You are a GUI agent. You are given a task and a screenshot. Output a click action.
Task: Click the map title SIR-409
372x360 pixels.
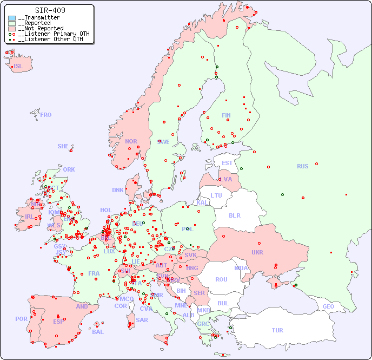coord(50,10)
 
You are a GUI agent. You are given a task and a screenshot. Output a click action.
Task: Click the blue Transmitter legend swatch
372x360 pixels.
coord(12,18)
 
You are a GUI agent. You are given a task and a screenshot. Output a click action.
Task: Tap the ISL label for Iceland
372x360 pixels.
coord(18,67)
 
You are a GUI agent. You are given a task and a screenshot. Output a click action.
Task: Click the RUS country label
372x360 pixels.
coord(302,166)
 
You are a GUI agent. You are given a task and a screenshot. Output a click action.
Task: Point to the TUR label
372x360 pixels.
coord(277,330)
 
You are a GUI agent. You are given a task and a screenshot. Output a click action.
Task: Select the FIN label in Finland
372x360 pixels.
coord(226,115)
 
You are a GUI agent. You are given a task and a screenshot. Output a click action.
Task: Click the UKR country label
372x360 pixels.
coord(257,252)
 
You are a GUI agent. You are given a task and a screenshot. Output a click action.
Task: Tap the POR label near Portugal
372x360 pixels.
coord(21,319)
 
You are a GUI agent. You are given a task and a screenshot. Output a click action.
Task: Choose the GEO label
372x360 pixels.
coord(328,306)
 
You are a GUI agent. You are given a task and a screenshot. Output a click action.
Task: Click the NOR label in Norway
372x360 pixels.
coord(131,141)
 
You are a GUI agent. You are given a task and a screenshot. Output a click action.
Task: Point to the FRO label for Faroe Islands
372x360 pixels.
coord(45,115)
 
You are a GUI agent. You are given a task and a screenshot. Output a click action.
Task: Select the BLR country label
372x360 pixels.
coord(234,215)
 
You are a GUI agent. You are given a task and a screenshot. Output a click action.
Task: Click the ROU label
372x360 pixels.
coord(221,279)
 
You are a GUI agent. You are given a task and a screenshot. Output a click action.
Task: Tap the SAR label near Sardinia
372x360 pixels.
coord(142,320)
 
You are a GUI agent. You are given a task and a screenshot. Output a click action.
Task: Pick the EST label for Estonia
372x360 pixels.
coord(227,163)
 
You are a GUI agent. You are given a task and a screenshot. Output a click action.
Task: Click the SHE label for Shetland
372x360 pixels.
coord(63,146)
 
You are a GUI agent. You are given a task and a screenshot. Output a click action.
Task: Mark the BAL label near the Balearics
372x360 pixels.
coord(97,332)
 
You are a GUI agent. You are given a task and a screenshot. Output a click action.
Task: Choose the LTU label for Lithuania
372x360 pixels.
coord(216,195)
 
